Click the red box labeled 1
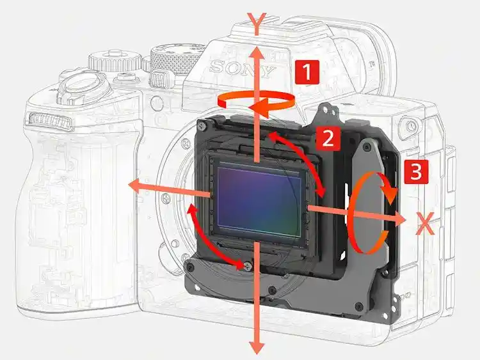pyautogui.click(x=307, y=72)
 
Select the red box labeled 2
pyautogui.click(x=327, y=137)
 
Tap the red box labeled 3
pyautogui.click(x=415, y=171)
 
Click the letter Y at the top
pyautogui.click(x=256, y=25)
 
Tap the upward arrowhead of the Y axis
pyautogui.click(x=256, y=53)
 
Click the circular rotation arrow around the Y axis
pyautogui.click(x=256, y=102)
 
